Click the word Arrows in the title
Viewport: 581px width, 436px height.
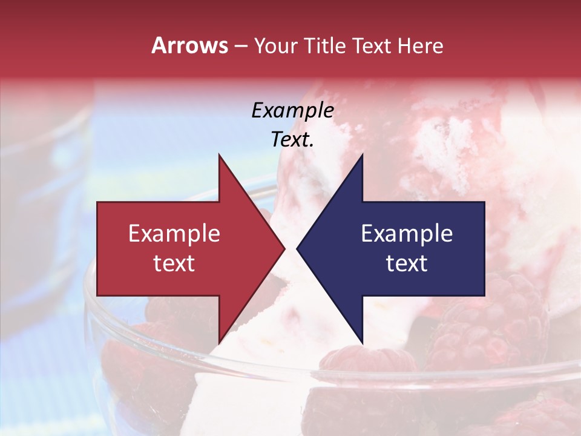pos(190,45)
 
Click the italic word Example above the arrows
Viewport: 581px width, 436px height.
pos(292,111)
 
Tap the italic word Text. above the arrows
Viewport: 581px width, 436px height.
pos(292,140)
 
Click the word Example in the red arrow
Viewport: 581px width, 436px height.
pos(174,234)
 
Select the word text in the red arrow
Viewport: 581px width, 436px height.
pos(174,263)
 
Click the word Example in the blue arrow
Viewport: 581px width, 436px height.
pos(407,234)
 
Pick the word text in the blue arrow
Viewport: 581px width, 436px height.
pos(407,263)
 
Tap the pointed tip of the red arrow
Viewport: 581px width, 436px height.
pos(284,248)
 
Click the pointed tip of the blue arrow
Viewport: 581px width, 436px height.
pos(297,248)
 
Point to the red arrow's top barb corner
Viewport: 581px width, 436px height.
pos(219,154)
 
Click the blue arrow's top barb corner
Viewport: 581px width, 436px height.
pos(362,154)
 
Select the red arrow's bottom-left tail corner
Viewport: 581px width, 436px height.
pos(97,296)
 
